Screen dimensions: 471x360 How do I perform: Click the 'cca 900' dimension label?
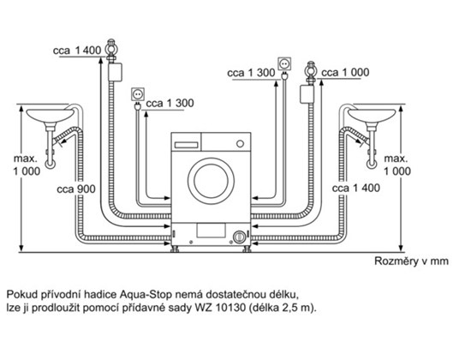(x=76, y=189)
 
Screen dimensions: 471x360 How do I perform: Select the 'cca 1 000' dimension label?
(x=345, y=73)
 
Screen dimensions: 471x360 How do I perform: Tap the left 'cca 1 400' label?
(x=77, y=51)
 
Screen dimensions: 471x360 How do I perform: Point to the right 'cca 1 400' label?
(x=356, y=189)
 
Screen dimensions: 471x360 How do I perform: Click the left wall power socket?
(x=138, y=94)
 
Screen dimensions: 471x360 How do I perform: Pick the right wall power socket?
(x=284, y=63)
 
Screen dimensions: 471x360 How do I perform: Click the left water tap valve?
(x=111, y=51)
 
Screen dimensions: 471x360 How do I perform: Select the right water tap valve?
(x=311, y=73)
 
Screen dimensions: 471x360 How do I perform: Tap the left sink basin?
(x=51, y=116)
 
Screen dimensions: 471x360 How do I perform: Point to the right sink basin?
(x=372, y=116)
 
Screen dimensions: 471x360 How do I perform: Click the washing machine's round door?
(x=211, y=181)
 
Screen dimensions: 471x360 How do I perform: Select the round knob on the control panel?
(x=240, y=144)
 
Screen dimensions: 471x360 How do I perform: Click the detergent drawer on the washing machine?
(x=186, y=145)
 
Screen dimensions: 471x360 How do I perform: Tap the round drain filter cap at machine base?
(x=239, y=237)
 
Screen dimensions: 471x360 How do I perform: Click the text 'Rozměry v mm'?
(x=411, y=261)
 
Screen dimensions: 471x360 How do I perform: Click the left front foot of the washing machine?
(x=175, y=249)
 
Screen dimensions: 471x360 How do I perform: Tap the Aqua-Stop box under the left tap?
(x=115, y=72)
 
